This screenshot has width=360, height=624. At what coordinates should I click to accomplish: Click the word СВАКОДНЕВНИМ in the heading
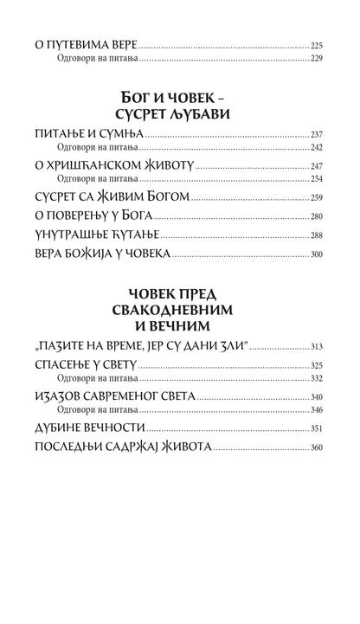(180, 311)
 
